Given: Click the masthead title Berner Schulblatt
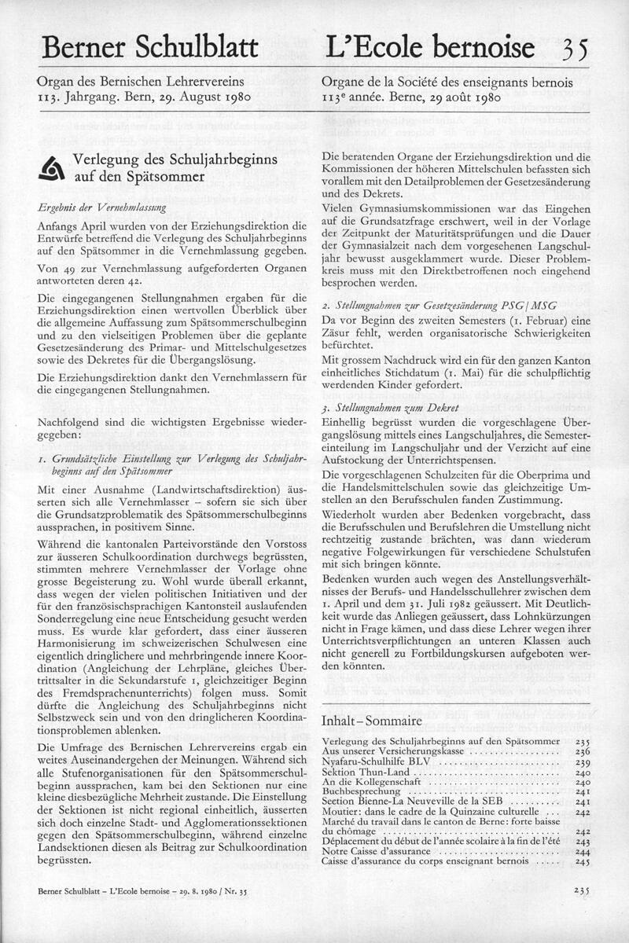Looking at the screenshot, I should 149,48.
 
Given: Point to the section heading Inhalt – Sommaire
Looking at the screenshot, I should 372,721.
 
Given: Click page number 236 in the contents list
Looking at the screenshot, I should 582,752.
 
